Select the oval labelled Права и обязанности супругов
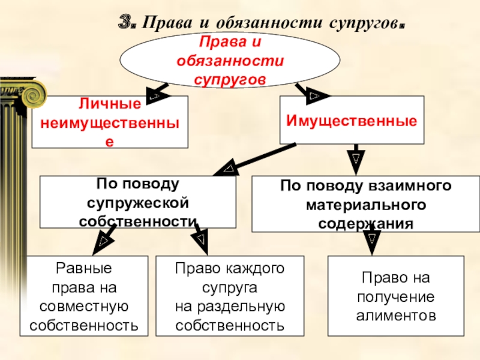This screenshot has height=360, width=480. point(230,61)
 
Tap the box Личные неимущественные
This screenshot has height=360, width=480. point(109,122)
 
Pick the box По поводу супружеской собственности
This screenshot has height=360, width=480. point(137,202)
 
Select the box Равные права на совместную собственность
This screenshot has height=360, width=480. point(85,296)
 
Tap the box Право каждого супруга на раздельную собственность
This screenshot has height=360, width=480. point(230,296)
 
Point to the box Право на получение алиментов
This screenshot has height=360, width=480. point(395,296)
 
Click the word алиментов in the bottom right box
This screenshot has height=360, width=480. point(395,314)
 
